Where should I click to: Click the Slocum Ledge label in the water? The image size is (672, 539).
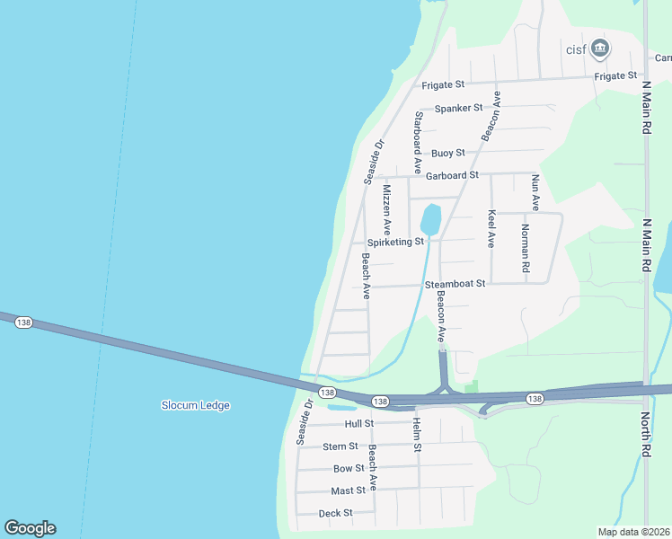pyautogui.click(x=195, y=405)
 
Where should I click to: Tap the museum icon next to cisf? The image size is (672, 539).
pyautogui.click(x=601, y=48)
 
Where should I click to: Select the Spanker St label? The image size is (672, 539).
pyautogui.click(x=459, y=109)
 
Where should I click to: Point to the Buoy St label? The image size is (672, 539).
pyautogui.click(x=447, y=154)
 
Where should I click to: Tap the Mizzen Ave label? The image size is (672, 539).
pyautogui.click(x=387, y=210)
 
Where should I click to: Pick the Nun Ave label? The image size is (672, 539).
pyautogui.click(x=535, y=192)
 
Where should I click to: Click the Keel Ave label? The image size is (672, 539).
pyautogui.click(x=491, y=228)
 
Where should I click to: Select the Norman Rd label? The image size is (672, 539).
pyautogui.click(x=526, y=247)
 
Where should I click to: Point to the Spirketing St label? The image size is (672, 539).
pyautogui.click(x=395, y=242)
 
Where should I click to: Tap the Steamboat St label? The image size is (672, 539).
pyautogui.click(x=455, y=284)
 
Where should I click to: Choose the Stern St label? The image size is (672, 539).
pyautogui.click(x=340, y=446)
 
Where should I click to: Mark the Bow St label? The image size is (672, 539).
pyautogui.click(x=349, y=469)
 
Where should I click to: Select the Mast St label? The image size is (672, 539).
pyautogui.click(x=348, y=490)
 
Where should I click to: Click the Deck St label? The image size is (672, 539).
pyautogui.click(x=336, y=514)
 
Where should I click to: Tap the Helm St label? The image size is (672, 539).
pyautogui.click(x=417, y=434)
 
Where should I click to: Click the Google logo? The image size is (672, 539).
pyautogui.click(x=30, y=528)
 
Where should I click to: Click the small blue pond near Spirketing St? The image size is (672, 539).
pyautogui.click(x=430, y=219)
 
